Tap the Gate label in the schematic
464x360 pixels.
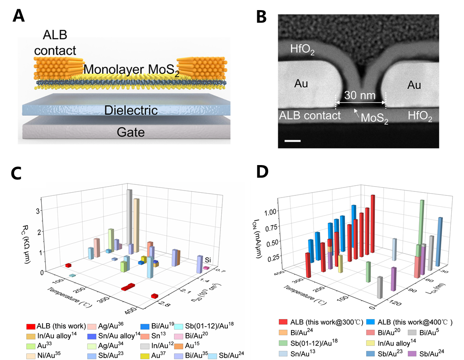pyautogui.click(x=130, y=132)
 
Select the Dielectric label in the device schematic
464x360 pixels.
pyautogui.click(x=130, y=110)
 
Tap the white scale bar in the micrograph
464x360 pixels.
pyautogui.click(x=295, y=141)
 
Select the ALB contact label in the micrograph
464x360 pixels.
pyautogui.click(x=310, y=116)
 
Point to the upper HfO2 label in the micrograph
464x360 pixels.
pyautogui.click(x=303, y=50)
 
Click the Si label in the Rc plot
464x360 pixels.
pyautogui.click(x=209, y=260)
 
